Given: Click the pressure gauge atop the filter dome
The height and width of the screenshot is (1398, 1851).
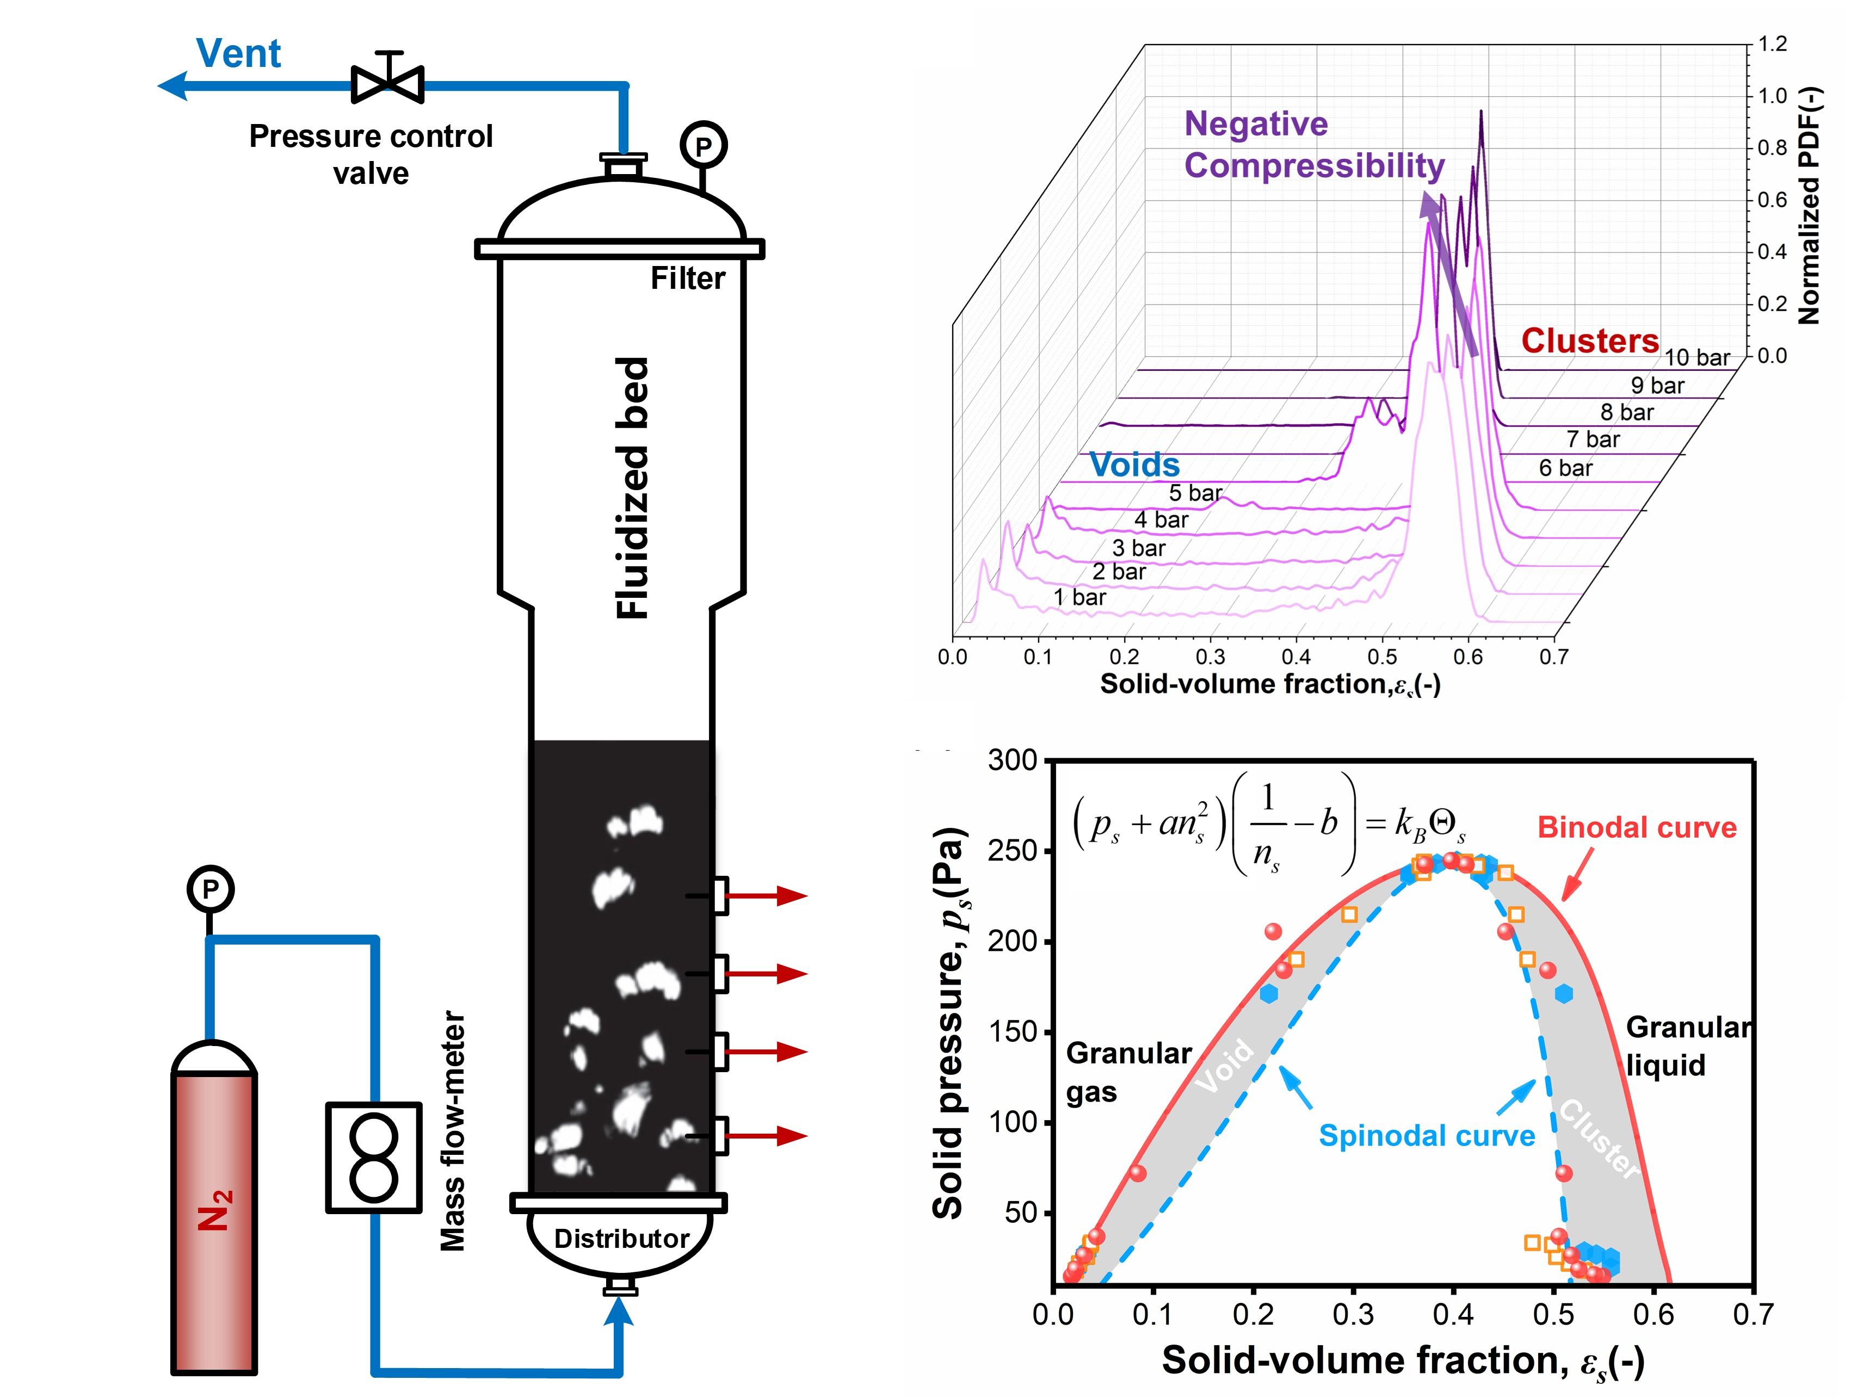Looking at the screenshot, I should click(703, 146).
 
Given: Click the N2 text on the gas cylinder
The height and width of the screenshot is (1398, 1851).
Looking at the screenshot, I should click(214, 1210).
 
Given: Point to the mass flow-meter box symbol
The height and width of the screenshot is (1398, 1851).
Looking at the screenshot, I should click(373, 1157).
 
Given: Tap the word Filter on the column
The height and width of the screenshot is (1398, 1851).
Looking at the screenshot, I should click(688, 279).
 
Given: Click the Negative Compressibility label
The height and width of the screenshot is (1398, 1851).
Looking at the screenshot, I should click(1314, 145).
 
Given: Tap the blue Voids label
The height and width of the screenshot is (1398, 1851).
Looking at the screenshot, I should click(1134, 465).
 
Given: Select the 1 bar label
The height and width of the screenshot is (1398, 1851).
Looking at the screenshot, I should click(1079, 597).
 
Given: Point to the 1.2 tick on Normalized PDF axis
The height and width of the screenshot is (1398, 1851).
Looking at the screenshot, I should click(1772, 44).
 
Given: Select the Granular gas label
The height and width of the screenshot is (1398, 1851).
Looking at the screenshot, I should click(1128, 1073).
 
